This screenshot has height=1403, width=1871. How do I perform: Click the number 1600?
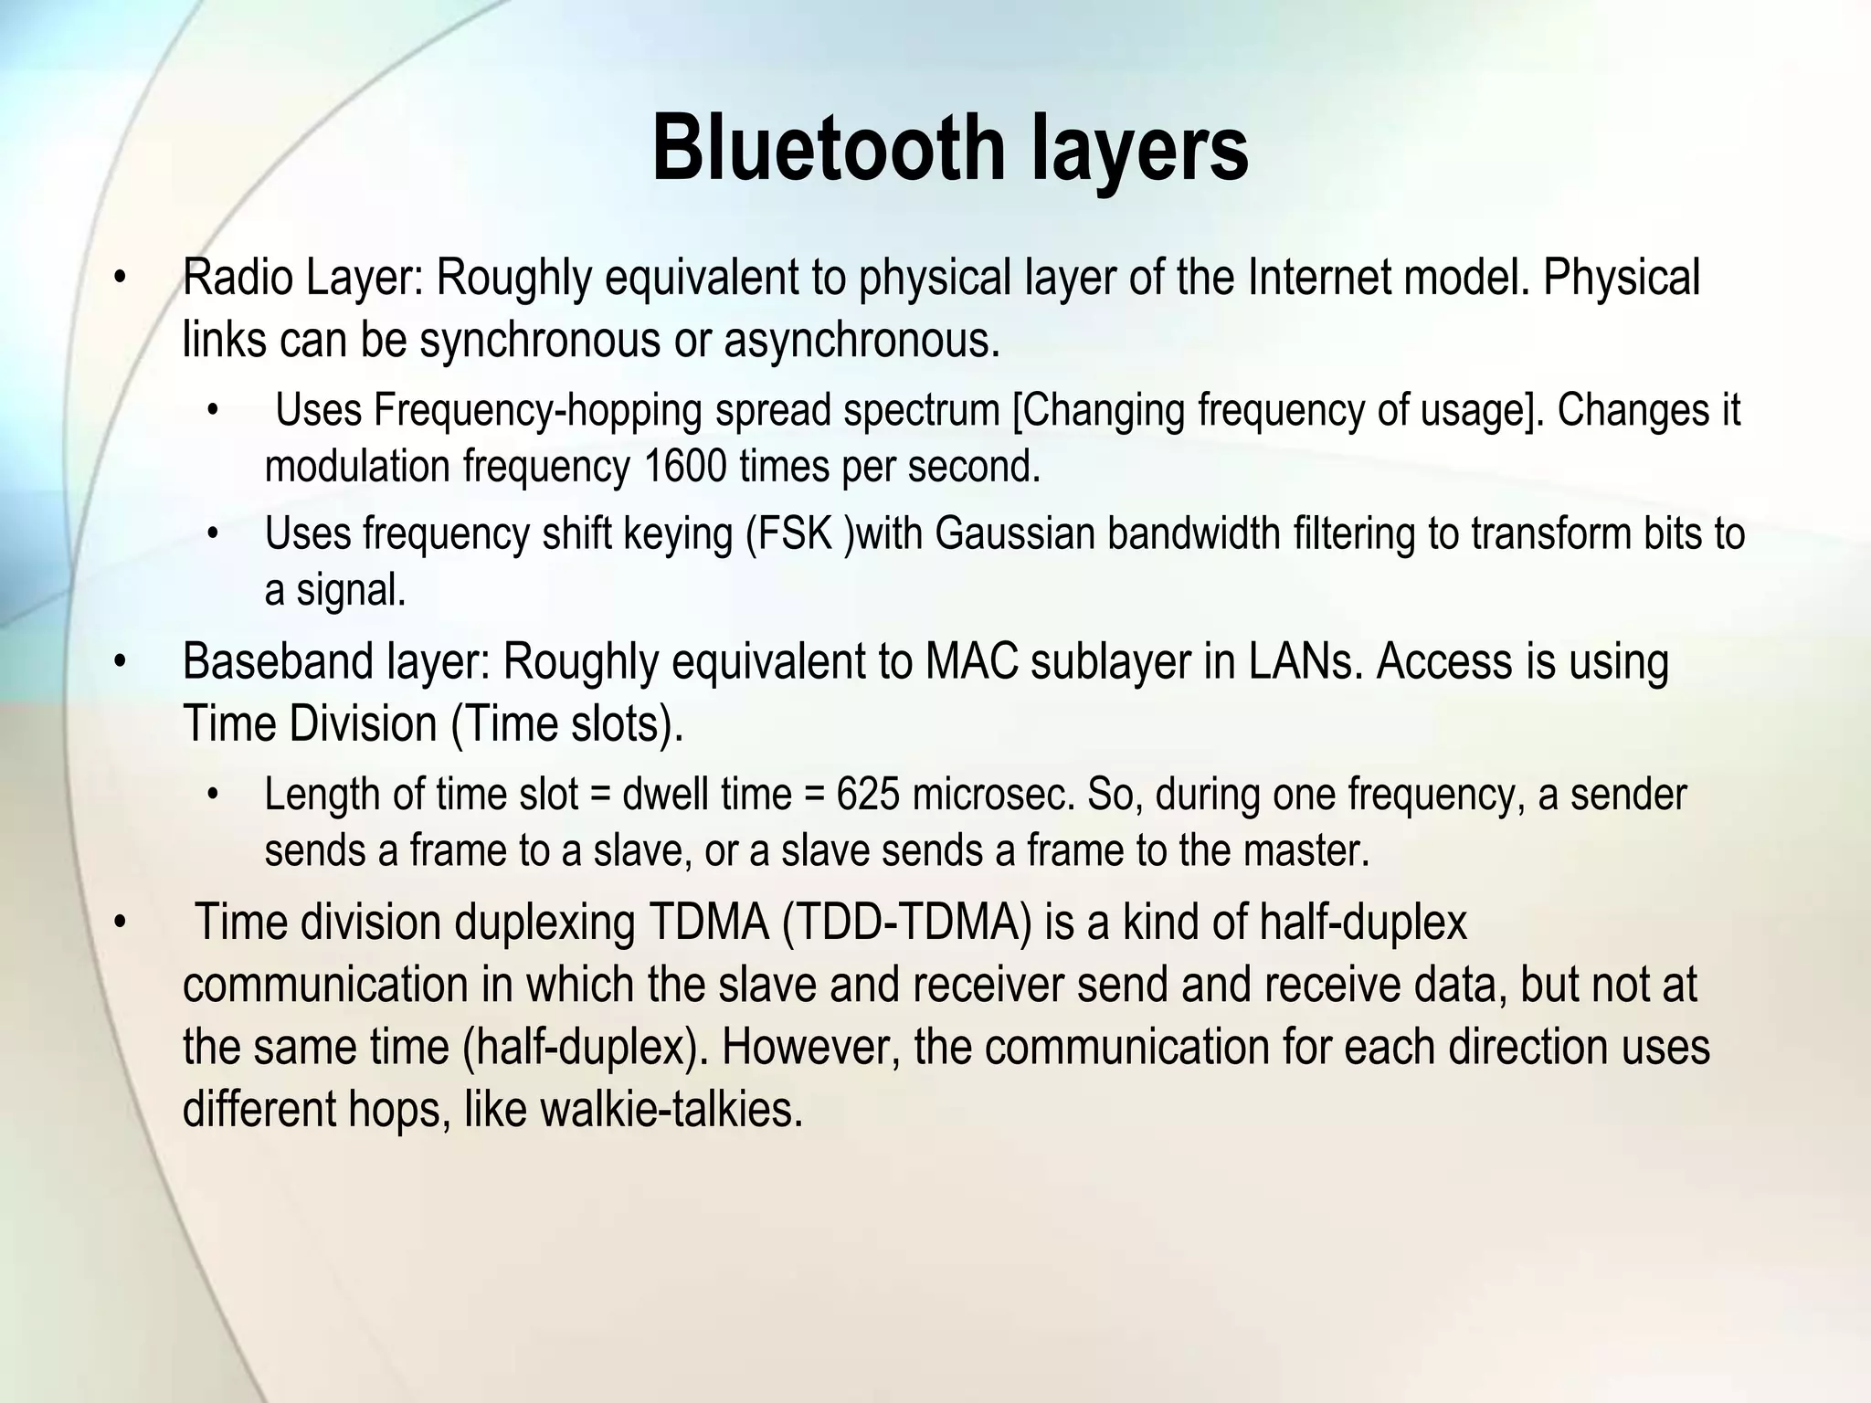pyautogui.click(x=685, y=467)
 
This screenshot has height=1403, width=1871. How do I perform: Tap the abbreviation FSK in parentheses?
pyautogui.click(x=794, y=533)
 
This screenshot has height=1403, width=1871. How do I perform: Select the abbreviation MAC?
pyautogui.click(x=971, y=661)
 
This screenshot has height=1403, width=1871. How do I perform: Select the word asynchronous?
pyautogui.click(x=862, y=341)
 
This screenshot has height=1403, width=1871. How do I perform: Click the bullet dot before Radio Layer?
pyautogui.click(x=118, y=278)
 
